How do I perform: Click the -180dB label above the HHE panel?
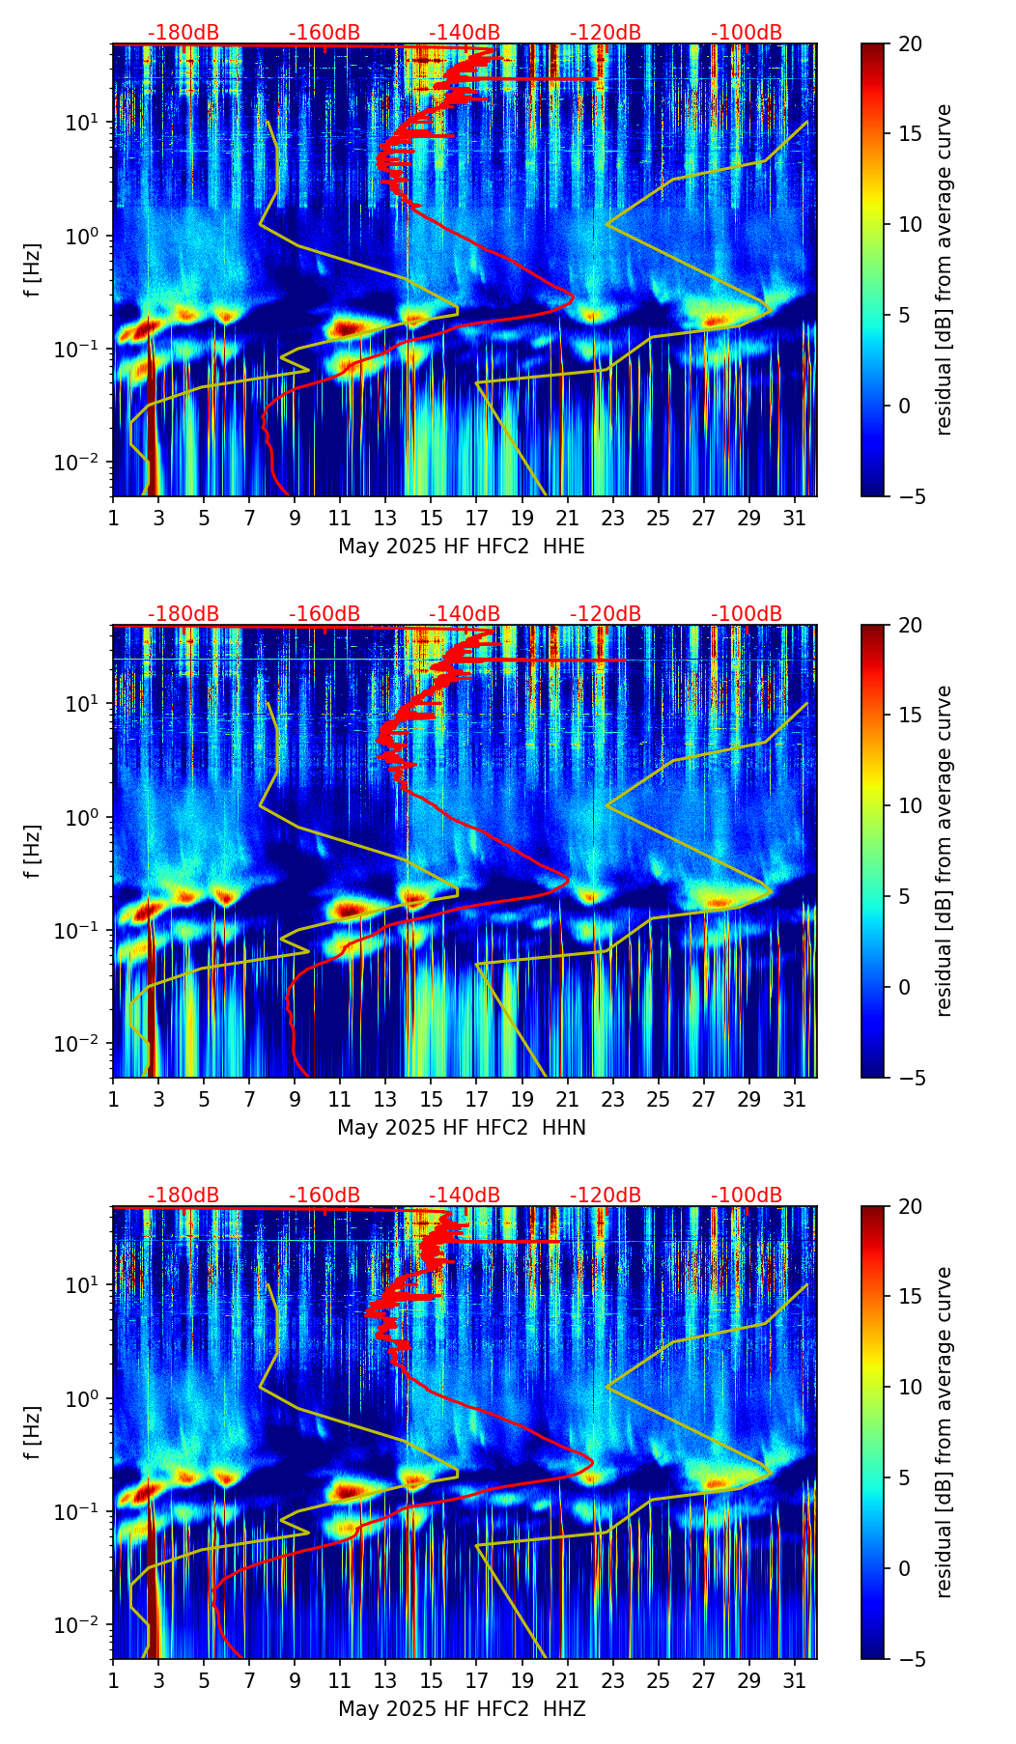[183, 33]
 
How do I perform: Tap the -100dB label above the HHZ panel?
[747, 1195]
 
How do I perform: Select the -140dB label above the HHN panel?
[465, 614]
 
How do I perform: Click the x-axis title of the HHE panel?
[462, 547]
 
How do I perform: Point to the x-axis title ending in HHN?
[462, 1128]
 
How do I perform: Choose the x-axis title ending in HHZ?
[462, 1709]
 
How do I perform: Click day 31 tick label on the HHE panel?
[795, 518]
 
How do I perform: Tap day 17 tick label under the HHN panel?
[477, 1099]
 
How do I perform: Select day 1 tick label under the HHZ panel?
[113, 1680]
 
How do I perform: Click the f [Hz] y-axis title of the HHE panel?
[33, 270]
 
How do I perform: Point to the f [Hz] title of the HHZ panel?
[33, 1433]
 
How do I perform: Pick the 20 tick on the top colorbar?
[910, 43]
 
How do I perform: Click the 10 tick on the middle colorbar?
[910, 805]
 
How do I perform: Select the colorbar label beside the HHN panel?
[945, 851]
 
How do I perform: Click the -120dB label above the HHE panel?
[606, 33]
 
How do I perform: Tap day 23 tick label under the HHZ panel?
[613, 1680]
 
